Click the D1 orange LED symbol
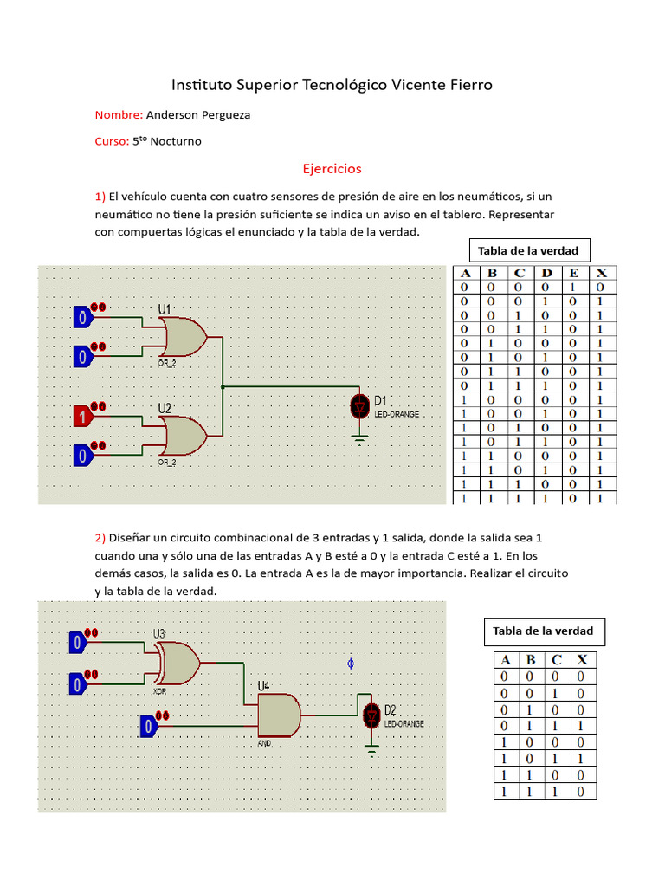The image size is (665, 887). (x=359, y=406)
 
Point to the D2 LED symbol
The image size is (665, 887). (x=371, y=715)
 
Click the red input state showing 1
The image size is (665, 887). (x=83, y=417)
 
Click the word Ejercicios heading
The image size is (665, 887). (x=332, y=168)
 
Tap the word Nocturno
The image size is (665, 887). (x=176, y=141)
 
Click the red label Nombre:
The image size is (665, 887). (x=119, y=114)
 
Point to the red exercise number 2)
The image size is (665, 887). (x=100, y=536)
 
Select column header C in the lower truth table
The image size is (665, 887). (x=557, y=660)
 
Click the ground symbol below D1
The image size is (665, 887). (x=359, y=439)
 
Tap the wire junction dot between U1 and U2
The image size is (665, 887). (x=223, y=386)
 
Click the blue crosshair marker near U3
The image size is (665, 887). (x=351, y=663)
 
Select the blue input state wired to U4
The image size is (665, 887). (x=148, y=726)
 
